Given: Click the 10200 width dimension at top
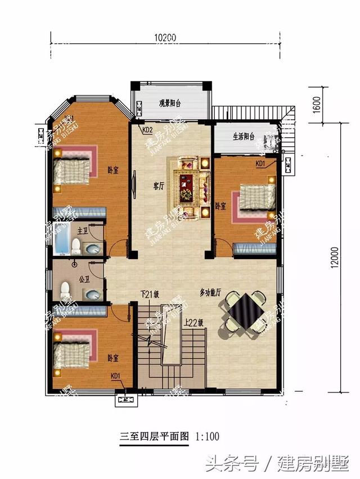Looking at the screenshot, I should point(165,38).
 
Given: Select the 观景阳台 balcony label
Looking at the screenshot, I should point(169,103).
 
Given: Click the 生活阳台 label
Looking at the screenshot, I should point(244,137).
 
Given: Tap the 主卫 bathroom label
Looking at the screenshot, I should point(82,231).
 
